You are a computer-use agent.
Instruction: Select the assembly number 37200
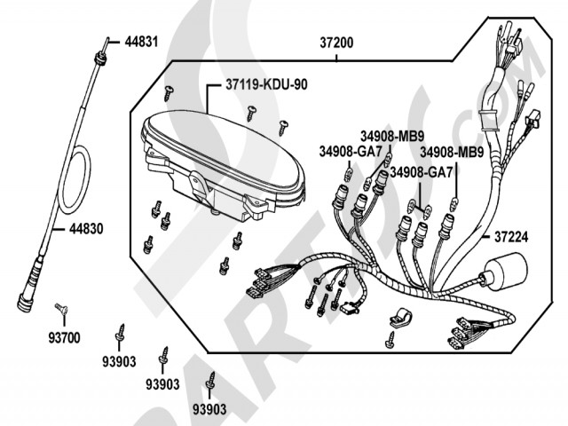337,42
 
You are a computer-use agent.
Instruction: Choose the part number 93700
64,337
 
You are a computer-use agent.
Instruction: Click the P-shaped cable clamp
394,318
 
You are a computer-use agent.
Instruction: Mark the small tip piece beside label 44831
107,41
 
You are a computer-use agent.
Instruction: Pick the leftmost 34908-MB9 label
390,136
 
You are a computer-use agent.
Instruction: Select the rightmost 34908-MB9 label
452,153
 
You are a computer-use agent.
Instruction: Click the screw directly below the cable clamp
390,339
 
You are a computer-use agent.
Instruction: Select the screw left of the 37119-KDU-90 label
169,91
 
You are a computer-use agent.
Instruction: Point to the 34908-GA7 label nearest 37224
422,170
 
